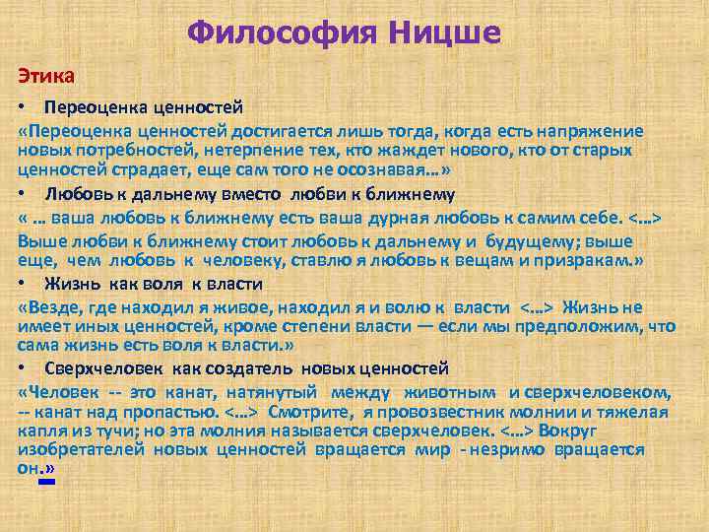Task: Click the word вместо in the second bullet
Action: pos(239,194)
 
